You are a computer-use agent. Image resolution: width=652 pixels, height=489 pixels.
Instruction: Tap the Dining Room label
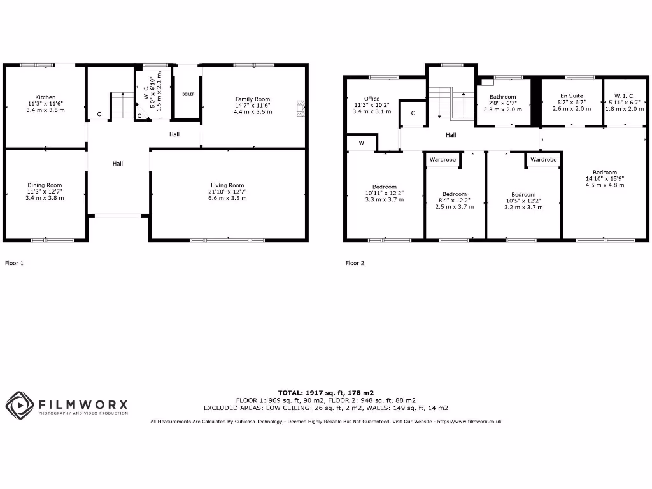45,185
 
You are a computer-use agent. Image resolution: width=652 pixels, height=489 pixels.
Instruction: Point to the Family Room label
253,99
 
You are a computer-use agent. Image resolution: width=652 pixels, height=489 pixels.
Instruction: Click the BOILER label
188,94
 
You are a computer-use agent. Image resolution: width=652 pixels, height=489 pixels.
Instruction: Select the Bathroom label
502,97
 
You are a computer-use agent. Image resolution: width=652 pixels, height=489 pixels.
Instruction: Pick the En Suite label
571,96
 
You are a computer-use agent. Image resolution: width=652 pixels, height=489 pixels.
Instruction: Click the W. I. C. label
624,96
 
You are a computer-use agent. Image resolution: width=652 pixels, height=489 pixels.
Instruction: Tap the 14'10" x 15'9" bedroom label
604,173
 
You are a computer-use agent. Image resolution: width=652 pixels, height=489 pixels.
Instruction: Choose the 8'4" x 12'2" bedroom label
455,194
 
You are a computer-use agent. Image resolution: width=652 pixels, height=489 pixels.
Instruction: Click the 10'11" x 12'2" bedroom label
385,187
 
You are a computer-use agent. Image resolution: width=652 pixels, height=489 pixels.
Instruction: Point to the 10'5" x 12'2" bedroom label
523,195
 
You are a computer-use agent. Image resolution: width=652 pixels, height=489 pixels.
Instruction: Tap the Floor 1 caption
15,262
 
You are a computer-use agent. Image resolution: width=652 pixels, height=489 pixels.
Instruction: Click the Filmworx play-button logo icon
19,405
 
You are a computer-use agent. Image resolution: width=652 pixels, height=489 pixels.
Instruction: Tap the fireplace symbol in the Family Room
300,108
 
